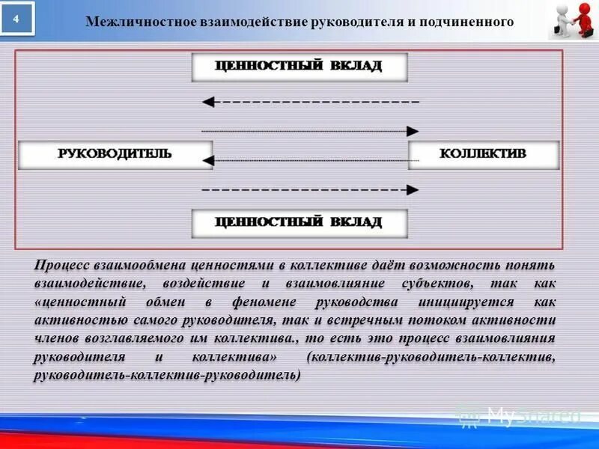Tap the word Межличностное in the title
click(129, 22)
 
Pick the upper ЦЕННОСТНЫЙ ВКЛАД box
click(299, 66)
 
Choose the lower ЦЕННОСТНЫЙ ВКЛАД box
click(299, 222)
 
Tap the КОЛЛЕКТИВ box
click(483, 154)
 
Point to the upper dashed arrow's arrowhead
click(209, 100)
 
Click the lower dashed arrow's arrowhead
click(413, 190)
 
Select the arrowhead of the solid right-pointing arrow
click(413, 131)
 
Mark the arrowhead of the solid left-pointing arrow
click(209, 159)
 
